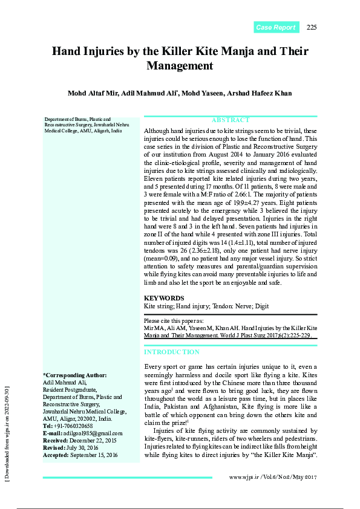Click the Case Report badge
point(275,27)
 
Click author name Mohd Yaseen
point(204,93)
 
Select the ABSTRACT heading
point(231,120)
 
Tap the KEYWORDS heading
point(164,298)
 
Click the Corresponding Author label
point(74,375)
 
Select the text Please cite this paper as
point(174,321)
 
